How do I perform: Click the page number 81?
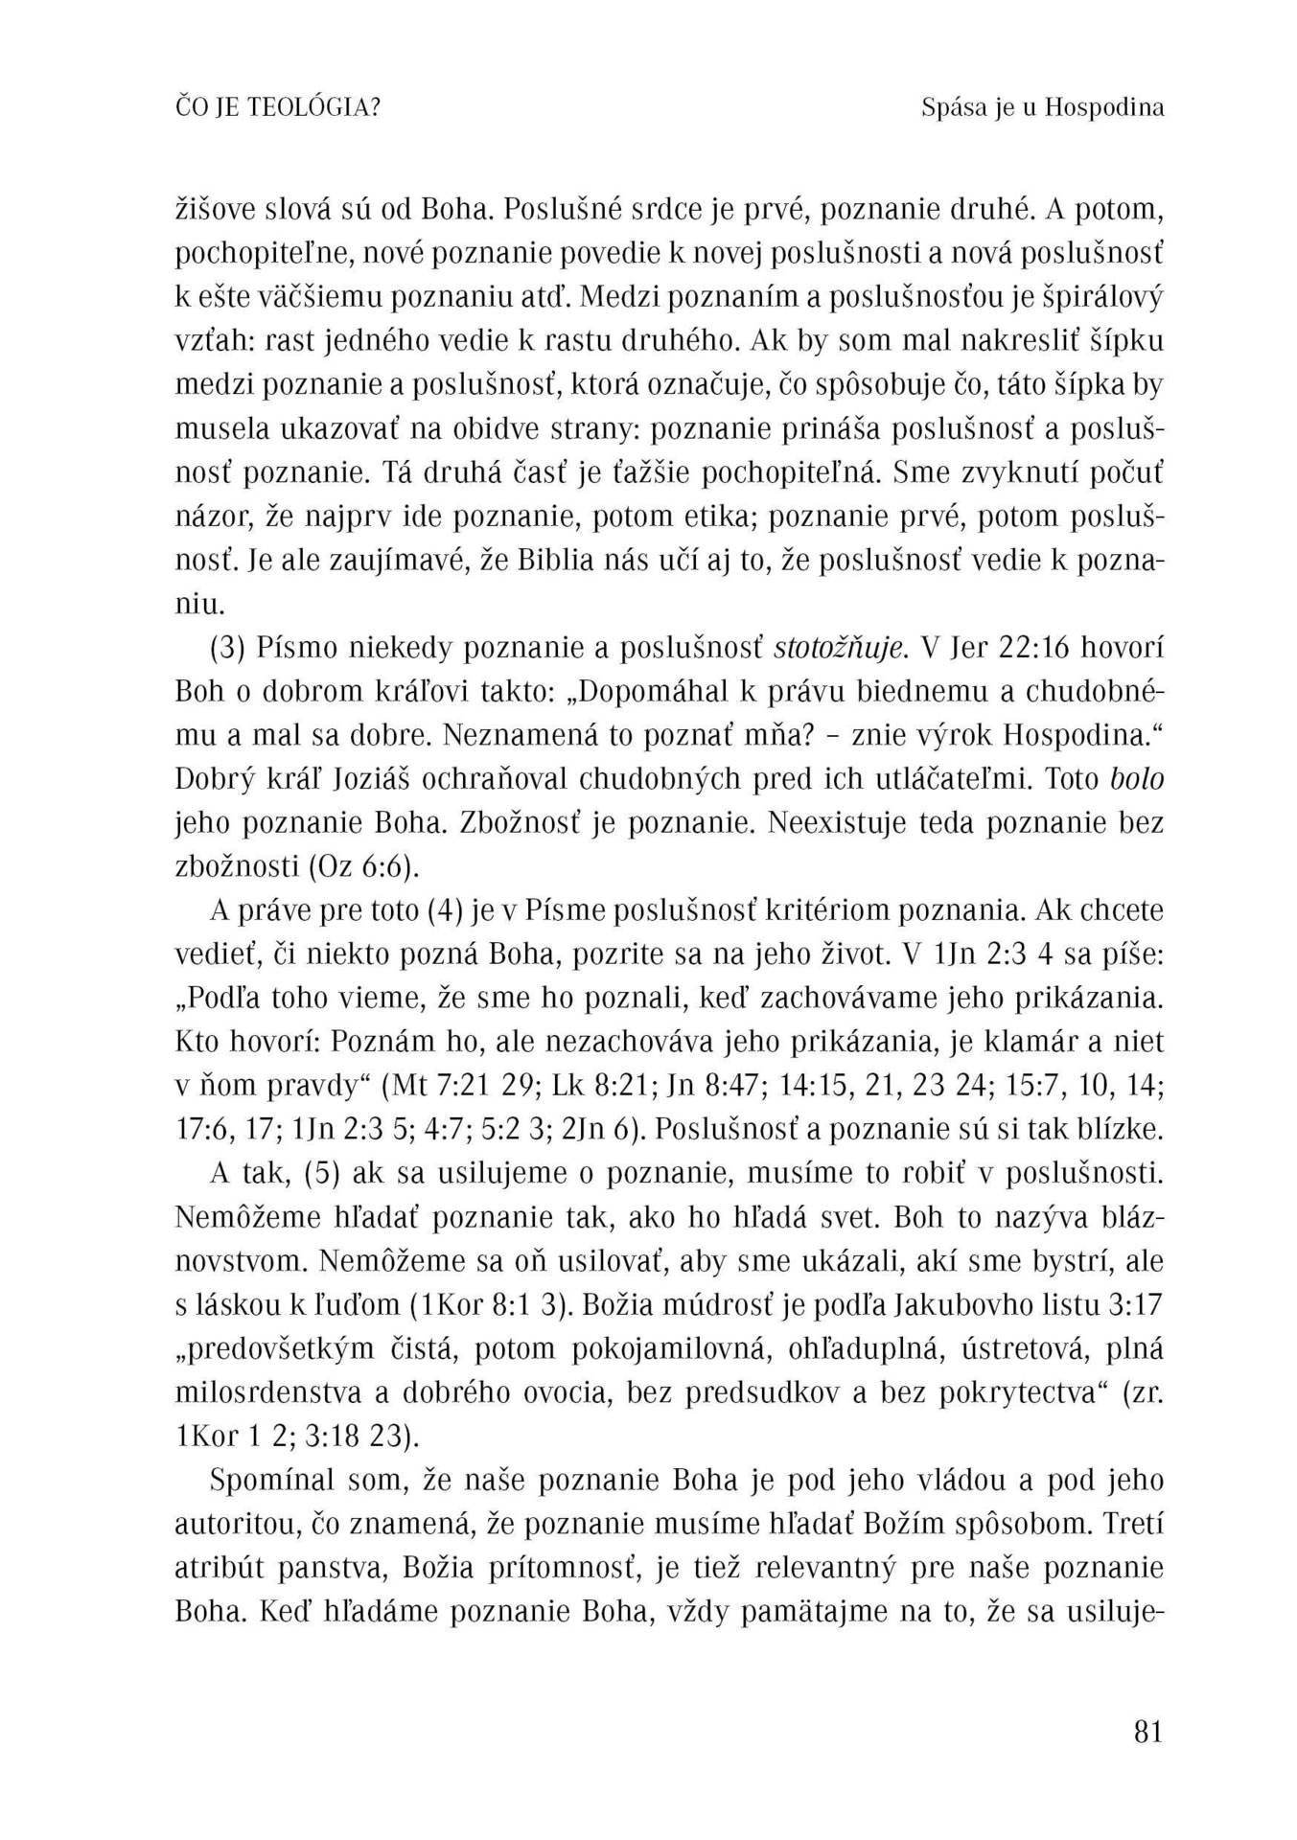tap(1147, 1732)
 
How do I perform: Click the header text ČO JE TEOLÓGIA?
tap(278, 108)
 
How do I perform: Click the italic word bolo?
tap(1137, 779)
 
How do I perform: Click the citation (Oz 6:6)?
tap(365, 866)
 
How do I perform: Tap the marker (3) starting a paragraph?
tap(228, 649)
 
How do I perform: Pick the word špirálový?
tap(1101, 298)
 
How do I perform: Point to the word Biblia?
tap(556, 561)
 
